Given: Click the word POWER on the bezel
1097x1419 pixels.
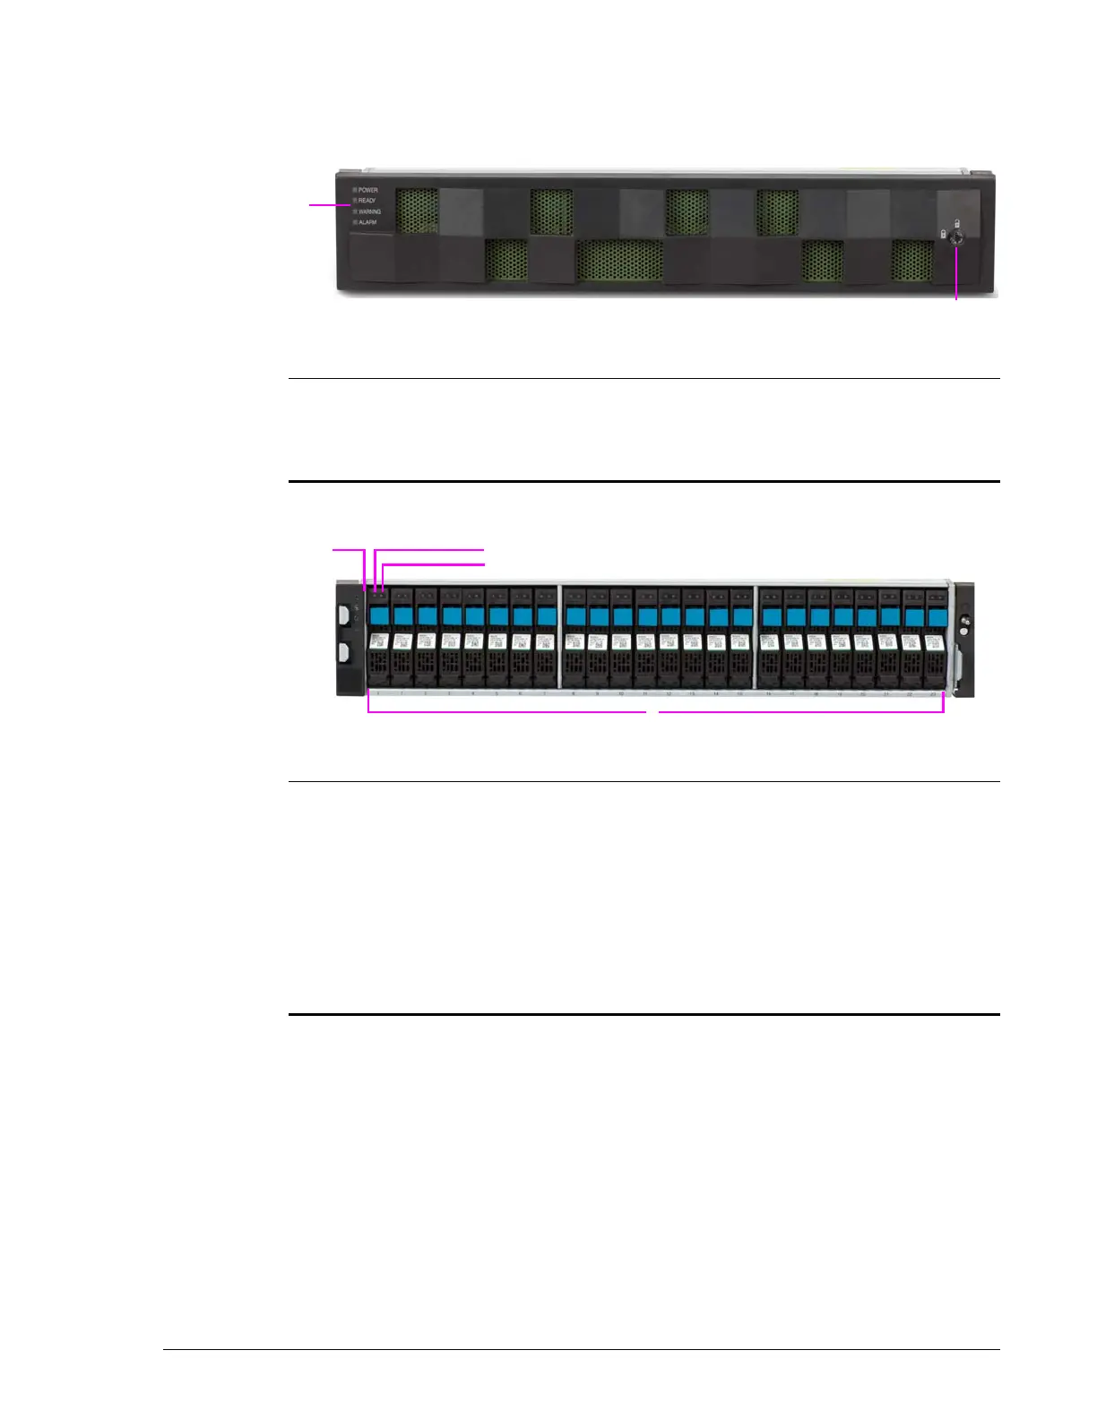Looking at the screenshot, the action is pyautogui.click(x=368, y=190).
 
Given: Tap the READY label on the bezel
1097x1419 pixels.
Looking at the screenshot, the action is pyautogui.click(x=367, y=201).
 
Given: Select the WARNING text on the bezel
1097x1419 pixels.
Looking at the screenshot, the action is pyautogui.click(x=369, y=211).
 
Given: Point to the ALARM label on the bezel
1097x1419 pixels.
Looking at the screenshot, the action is pyautogui.click(x=367, y=222).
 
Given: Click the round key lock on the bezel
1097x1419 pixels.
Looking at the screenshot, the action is pyautogui.click(x=957, y=237).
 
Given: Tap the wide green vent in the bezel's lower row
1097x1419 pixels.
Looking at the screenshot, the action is pyautogui.click(x=619, y=262).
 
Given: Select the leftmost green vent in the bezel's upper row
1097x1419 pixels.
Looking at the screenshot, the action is pyautogui.click(x=417, y=211).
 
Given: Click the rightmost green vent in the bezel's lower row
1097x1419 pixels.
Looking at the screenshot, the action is pyautogui.click(x=912, y=262).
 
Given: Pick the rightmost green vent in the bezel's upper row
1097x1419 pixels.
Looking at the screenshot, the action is pyautogui.click(x=777, y=211).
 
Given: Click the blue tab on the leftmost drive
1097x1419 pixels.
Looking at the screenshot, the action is pyautogui.click(x=380, y=615).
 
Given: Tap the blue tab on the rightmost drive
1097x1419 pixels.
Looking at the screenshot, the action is pyautogui.click(x=936, y=615).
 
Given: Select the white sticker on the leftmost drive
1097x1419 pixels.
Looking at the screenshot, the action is pyautogui.click(x=379, y=641).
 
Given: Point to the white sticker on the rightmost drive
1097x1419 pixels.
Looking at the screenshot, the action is pyautogui.click(x=934, y=641).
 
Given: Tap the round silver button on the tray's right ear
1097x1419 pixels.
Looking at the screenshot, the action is pyautogui.click(x=964, y=620).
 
